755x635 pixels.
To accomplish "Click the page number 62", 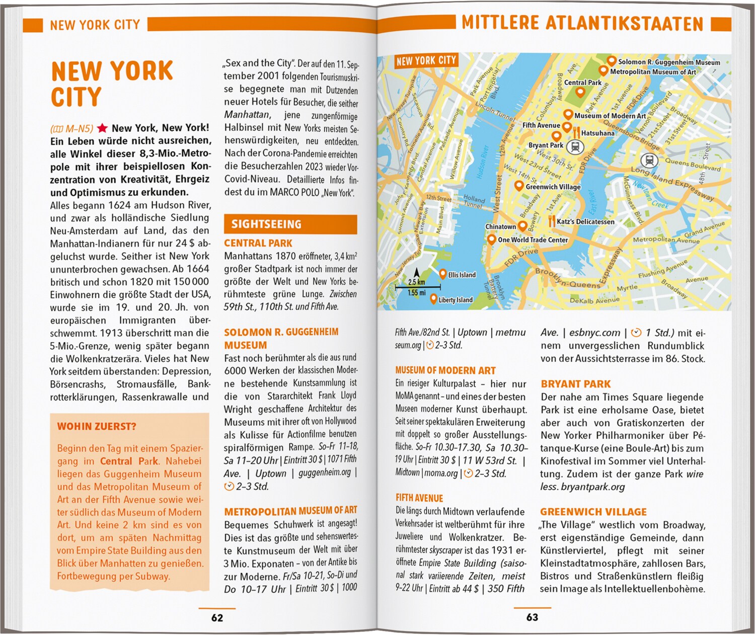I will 217,617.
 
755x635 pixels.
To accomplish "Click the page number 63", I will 532,617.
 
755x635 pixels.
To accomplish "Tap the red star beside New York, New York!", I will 103,128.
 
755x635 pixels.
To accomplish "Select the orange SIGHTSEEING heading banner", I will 290,224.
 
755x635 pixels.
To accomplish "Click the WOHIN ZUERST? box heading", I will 97,427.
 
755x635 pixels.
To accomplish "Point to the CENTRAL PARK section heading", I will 258,243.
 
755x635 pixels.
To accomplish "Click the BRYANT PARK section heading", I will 575,384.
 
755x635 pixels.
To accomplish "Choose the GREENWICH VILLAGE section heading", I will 593,512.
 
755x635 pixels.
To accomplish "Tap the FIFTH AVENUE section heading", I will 419,498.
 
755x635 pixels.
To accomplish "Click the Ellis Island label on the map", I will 462,275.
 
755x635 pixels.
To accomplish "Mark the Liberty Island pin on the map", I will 433,299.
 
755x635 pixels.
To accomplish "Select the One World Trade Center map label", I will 533,240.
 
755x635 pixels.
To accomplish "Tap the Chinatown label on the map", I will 500,226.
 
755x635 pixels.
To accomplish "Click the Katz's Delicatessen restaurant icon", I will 552,221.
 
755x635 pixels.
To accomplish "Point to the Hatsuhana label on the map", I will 597,133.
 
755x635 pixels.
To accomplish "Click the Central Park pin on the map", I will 580,93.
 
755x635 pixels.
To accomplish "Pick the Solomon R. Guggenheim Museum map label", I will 669,62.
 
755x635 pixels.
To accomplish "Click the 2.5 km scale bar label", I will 417,282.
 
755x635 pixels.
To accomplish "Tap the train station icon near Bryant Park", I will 575,147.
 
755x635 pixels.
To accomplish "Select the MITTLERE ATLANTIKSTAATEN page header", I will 582,24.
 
